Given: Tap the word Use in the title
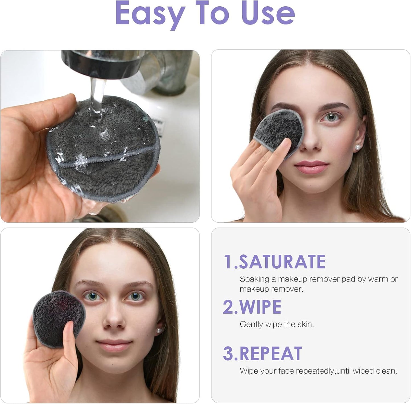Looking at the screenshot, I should pyautogui.click(x=268, y=14).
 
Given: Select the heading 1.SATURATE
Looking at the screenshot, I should pyautogui.click(x=274, y=262).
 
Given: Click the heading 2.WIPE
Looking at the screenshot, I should pyautogui.click(x=252, y=307).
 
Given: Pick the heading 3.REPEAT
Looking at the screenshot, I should pyautogui.click(x=262, y=354).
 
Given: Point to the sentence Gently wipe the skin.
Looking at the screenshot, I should pyautogui.click(x=277, y=324).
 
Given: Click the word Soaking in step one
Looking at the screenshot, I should pyautogui.click(x=254, y=279).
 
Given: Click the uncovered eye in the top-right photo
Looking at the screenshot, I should pyautogui.click(x=332, y=117).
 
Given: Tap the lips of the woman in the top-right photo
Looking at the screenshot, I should pyautogui.click(x=311, y=167).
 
